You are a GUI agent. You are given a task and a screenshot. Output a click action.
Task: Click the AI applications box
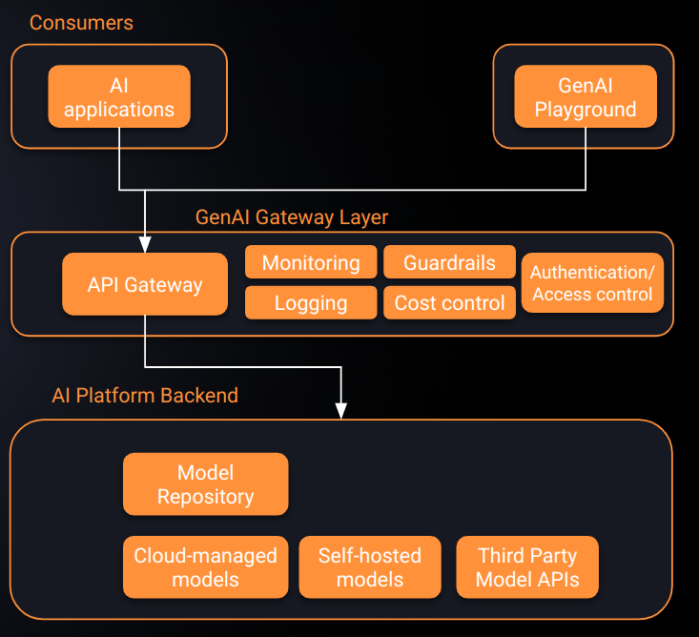(x=119, y=97)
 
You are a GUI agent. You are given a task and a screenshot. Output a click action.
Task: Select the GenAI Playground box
(x=585, y=97)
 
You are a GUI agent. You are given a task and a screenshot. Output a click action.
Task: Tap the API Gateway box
(x=145, y=283)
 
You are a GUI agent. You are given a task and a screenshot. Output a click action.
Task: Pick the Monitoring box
(x=310, y=262)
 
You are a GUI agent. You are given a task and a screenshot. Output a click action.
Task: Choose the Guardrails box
(x=448, y=262)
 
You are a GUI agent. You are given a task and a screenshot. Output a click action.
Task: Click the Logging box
(x=310, y=303)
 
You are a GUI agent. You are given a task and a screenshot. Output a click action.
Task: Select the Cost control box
(x=448, y=303)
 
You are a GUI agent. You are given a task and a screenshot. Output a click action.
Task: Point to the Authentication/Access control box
(x=592, y=283)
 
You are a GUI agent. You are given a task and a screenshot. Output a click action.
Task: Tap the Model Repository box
(x=205, y=484)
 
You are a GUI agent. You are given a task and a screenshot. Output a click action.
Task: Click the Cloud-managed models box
(x=205, y=567)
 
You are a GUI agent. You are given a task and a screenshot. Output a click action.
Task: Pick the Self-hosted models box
(x=369, y=567)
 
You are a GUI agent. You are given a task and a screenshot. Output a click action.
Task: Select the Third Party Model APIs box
(x=527, y=567)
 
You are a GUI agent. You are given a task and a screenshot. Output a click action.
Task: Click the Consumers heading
(x=81, y=22)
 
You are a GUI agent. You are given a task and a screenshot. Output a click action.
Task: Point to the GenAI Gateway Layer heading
(x=292, y=217)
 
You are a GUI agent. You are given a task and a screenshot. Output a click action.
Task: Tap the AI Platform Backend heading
(x=145, y=395)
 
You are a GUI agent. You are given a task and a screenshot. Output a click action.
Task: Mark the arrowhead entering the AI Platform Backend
(x=340, y=411)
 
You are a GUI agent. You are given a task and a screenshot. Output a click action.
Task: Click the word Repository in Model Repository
(x=205, y=497)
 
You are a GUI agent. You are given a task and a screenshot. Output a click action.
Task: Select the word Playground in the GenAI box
(x=585, y=110)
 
